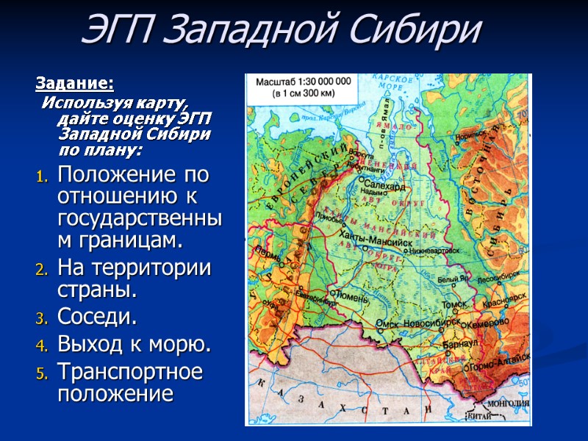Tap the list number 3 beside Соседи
click(x=43, y=318)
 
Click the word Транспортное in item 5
click(x=129, y=371)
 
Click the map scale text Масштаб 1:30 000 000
click(x=302, y=81)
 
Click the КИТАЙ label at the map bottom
click(x=478, y=416)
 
